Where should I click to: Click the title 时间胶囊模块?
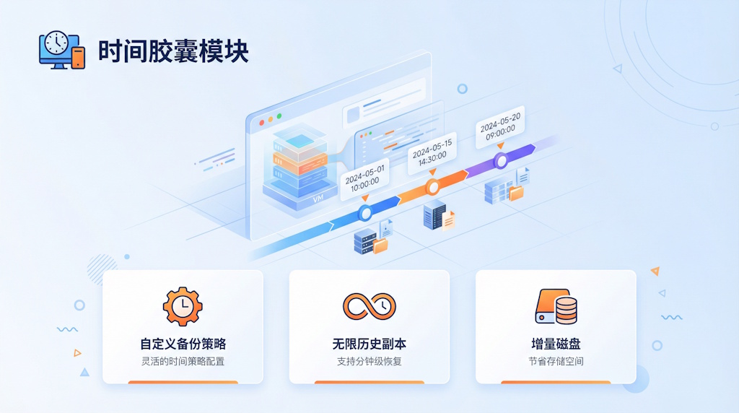pyautogui.click(x=173, y=51)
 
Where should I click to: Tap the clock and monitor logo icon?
pyautogui.click(x=61, y=51)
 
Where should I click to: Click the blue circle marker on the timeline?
pyautogui.click(x=365, y=213)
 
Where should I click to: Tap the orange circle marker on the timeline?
pyautogui.click(x=432, y=188)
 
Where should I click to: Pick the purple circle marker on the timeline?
pyautogui.click(x=501, y=161)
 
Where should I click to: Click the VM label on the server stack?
pyautogui.click(x=318, y=197)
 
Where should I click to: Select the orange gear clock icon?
pyautogui.click(x=182, y=306)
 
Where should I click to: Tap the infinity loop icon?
pyautogui.click(x=369, y=306)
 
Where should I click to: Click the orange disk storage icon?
pyautogui.click(x=556, y=306)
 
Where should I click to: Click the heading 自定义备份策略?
pyautogui.click(x=183, y=344)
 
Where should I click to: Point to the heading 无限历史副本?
pyautogui.click(x=369, y=344)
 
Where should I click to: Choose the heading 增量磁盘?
pyautogui.click(x=556, y=344)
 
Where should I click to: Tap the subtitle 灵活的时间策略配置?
pyautogui.click(x=183, y=361)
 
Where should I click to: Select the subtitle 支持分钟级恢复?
pyautogui.click(x=369, y=361)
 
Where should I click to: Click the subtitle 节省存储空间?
pyautogui.click(x=556, y=361)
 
